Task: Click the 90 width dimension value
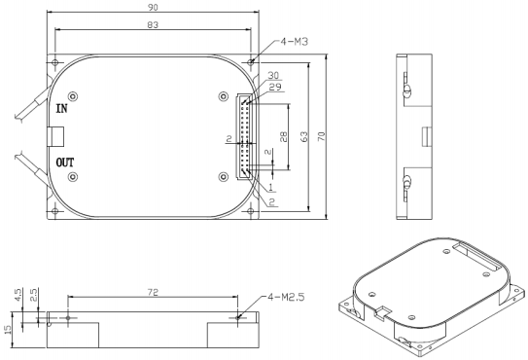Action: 153,7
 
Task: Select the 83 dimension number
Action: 153,24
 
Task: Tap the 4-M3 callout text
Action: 295,42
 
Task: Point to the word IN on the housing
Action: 61,109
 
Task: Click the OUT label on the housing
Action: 64,162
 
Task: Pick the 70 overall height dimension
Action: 322,136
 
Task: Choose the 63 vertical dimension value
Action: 303,136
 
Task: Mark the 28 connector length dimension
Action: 284,136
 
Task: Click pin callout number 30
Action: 273,75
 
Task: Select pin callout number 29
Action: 275,87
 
